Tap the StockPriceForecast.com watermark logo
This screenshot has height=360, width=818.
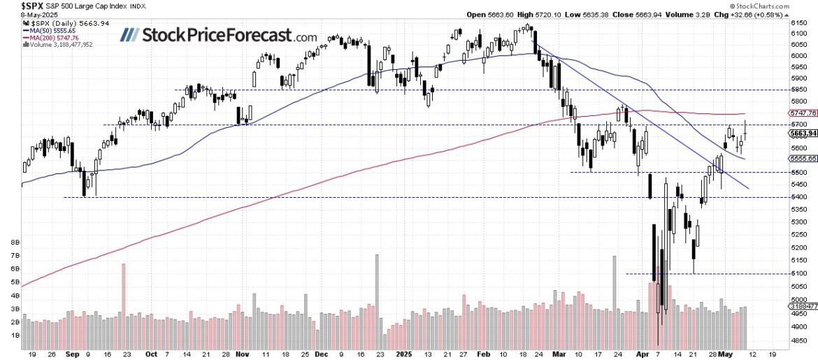tap(219, 35)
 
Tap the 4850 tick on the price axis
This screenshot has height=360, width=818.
tap(798, 340)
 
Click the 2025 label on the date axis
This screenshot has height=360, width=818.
tap(407, 354)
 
